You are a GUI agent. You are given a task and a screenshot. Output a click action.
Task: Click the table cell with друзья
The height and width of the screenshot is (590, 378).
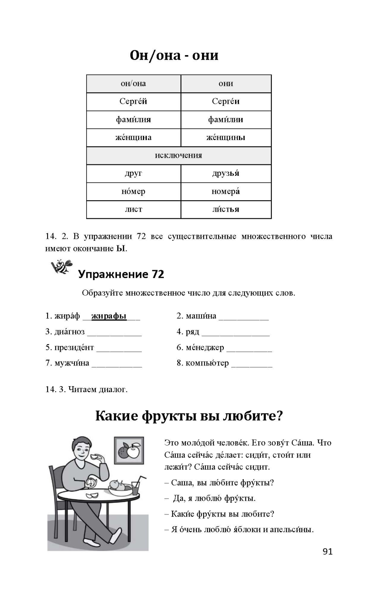click(226, 173)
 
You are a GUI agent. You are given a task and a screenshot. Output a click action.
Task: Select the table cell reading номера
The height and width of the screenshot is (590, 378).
click(226, 192)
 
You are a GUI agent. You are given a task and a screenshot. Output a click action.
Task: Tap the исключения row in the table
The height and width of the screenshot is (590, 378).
click(178, 155)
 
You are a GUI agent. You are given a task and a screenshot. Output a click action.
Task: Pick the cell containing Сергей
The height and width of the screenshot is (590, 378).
click(133, 101)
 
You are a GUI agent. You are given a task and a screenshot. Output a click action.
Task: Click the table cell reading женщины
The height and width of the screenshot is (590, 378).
click(226, 138)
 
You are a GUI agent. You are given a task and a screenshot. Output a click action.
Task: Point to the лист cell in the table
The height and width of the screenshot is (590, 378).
click(133, 209)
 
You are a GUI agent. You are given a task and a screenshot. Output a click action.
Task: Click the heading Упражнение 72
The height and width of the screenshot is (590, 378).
click(121, 274)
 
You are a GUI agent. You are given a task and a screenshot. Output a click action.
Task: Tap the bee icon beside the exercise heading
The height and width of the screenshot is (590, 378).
click(61, 267)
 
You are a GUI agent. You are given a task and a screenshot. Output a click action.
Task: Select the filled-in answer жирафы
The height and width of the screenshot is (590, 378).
click(109, 316)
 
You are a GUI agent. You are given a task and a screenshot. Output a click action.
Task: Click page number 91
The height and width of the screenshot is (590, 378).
click(328, 551)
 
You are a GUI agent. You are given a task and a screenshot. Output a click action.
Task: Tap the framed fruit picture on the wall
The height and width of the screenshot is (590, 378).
click(129, 450)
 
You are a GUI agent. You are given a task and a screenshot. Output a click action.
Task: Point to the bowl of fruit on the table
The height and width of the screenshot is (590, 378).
click(120, 488)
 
